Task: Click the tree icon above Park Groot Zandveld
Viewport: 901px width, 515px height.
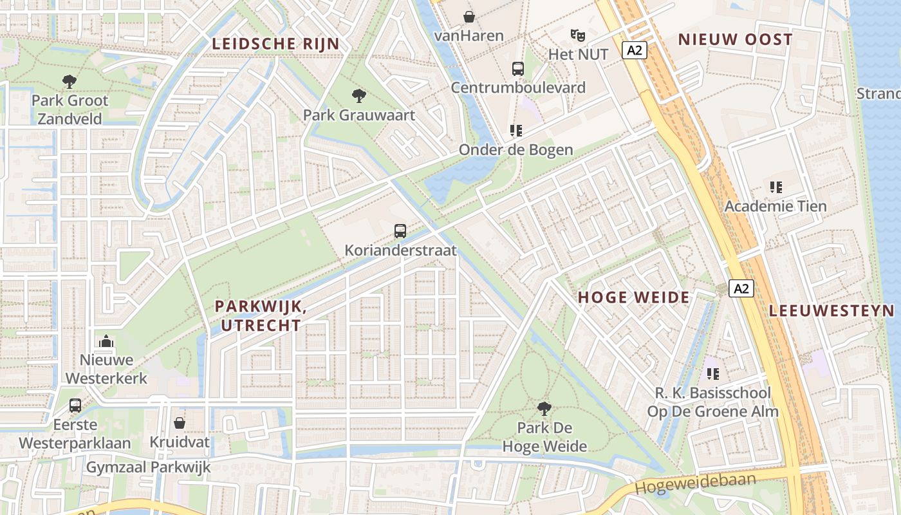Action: point(69,82)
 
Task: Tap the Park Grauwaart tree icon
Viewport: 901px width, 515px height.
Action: point(359,96)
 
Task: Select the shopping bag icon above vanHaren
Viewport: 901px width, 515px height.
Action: point(469,17)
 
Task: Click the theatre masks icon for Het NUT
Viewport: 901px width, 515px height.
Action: point(577,35)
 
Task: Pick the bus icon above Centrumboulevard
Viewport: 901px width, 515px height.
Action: point(518,68)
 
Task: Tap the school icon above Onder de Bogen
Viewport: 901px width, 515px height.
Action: point(516,131)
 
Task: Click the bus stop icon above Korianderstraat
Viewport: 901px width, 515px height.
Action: point(400,230)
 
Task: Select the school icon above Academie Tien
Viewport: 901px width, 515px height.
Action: point(776,187)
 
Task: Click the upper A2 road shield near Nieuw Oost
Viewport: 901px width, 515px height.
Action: point(634,50)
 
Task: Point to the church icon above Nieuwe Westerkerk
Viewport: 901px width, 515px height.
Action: point(106,341)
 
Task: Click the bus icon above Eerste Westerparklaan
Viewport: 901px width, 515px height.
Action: point(75,406)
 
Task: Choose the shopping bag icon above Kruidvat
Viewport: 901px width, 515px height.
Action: point(180,423)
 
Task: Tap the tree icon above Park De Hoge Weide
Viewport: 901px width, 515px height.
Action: point(544,408)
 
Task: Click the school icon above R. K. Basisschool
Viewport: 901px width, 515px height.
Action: point(712,373)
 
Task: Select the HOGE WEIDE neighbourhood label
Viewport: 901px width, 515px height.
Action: point(633,297)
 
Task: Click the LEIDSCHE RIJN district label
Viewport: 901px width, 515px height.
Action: point(275,44)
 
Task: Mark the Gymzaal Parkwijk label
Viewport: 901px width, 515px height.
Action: point(149,467)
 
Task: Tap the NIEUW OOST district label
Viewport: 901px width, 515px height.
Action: point(735,40)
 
